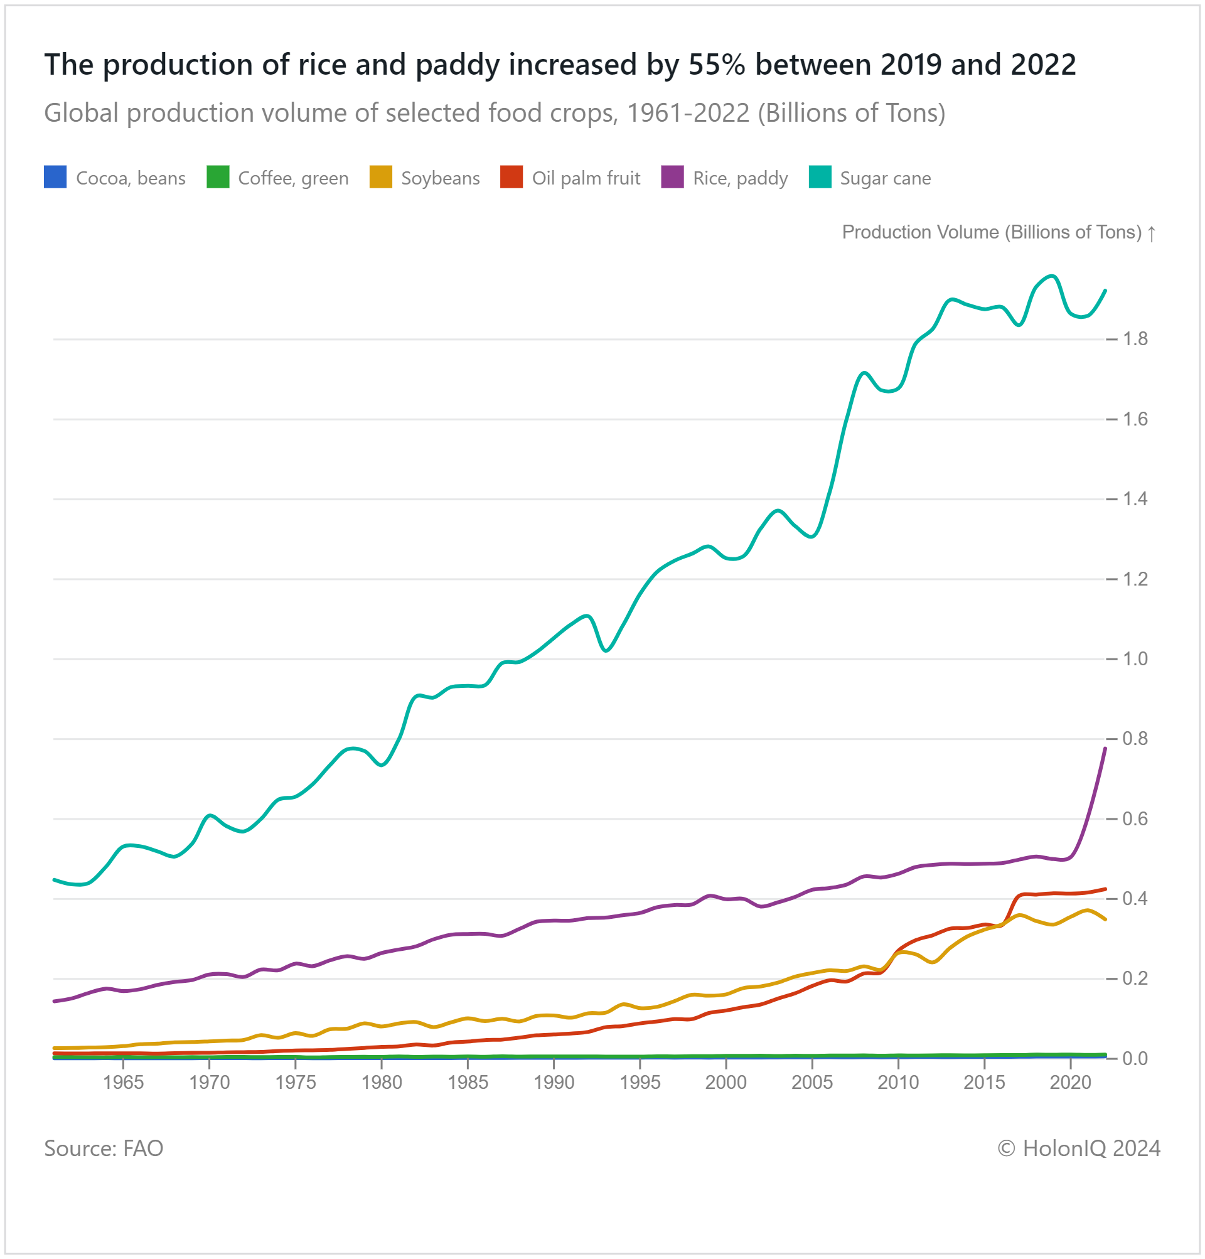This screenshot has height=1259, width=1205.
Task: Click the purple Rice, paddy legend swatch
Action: (672, 177)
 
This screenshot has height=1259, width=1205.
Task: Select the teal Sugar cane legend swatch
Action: (820, 177)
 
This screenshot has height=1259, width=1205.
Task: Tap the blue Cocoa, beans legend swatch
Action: (55, 177)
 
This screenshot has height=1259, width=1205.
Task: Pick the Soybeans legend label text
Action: (440, 178)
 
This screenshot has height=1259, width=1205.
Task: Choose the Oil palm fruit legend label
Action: (586, 178)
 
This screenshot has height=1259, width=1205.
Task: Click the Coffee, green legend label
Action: (293, 178)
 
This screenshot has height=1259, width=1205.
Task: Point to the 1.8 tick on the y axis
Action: (1134, 338)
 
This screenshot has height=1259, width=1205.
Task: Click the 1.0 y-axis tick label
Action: (1134, 658)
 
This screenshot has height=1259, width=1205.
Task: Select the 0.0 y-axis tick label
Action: (1134, 1058)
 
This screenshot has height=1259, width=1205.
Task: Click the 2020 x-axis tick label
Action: (1070, 1083)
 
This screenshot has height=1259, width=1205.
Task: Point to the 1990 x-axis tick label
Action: (554, 1083)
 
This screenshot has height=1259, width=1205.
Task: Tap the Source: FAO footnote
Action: (104, 1148)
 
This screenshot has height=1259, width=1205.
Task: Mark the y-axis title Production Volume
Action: (992, 232)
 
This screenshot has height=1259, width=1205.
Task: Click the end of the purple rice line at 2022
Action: (1105, 749)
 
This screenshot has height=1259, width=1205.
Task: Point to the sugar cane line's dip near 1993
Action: (606, 651)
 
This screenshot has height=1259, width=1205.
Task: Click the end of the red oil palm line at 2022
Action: (1105, 889)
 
